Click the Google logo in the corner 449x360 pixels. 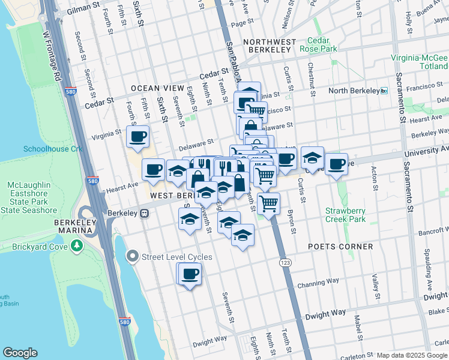20,353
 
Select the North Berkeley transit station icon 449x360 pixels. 384,91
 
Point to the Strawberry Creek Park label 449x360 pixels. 345,215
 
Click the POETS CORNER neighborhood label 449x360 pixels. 341,247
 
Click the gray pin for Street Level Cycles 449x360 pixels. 133,257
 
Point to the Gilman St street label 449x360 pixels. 83,8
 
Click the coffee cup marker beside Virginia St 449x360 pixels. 138,136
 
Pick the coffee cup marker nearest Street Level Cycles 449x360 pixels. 190,274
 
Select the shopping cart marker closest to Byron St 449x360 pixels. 268,203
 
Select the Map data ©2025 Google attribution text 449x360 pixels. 411,355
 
